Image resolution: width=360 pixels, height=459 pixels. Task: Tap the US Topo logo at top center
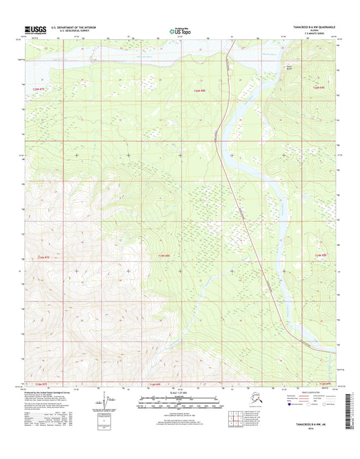(x=180, y=30)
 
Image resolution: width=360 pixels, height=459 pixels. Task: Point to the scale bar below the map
(x=180, y=402)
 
